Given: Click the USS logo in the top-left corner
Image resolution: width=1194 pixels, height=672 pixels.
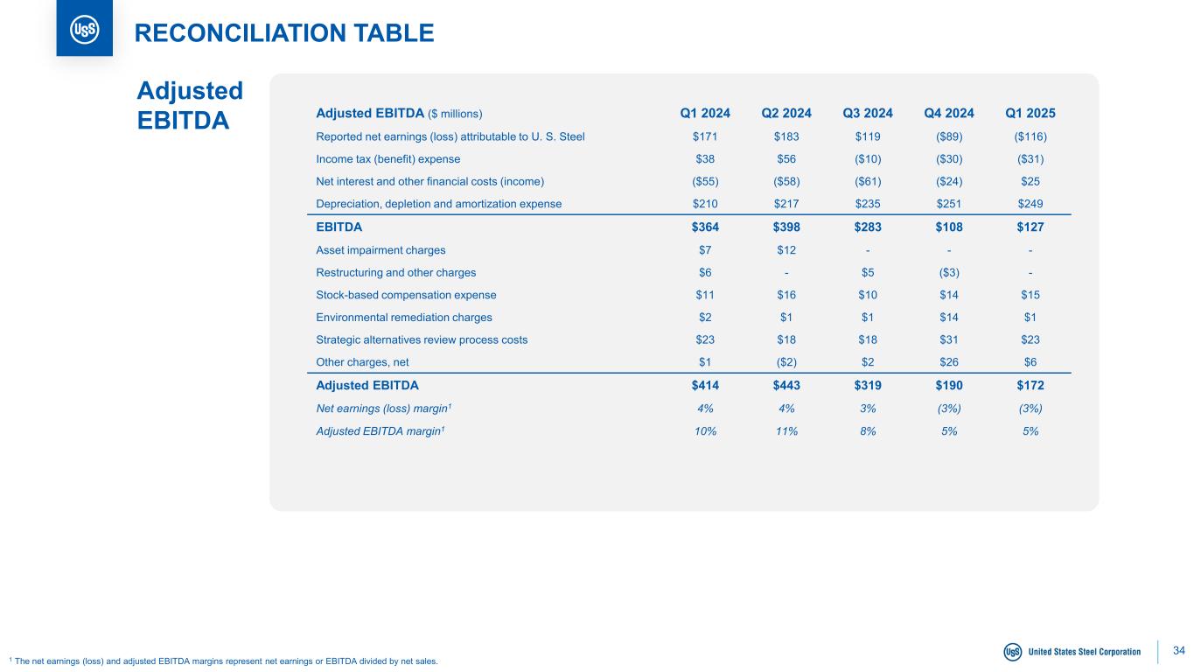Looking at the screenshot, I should coord(84,29).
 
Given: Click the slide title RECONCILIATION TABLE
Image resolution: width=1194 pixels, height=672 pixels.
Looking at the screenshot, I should coord(283,33).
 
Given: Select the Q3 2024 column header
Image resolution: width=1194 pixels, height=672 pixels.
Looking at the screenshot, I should coord(868,113).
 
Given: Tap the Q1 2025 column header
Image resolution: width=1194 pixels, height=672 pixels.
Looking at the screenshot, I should coord(1030,113).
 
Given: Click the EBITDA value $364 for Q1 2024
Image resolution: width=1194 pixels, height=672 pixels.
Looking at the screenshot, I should coord(705,227).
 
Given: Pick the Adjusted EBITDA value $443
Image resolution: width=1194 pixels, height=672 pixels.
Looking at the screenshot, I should coord(786,385).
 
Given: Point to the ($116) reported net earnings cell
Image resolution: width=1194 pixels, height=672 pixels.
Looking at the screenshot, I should coord(1030,136).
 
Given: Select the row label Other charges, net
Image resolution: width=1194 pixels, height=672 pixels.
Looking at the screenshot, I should coord(362,362).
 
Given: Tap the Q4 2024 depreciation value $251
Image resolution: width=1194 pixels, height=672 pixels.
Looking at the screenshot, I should coord(949,204).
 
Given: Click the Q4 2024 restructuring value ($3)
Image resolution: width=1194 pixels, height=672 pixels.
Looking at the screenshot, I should coord(949,272).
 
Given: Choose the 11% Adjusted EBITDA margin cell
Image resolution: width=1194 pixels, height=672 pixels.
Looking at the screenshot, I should coord(786,430).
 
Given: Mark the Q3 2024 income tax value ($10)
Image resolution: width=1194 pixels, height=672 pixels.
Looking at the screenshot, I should coord(868,159).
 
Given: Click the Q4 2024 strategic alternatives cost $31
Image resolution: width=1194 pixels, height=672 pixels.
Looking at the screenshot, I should coord(949,339).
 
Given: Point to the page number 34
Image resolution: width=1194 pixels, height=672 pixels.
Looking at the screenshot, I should coord(1178,650).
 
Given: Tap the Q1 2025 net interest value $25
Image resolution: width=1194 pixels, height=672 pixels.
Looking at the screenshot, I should coord(1030,181).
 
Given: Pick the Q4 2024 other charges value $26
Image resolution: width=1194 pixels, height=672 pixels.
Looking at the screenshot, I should coord(949,362).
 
